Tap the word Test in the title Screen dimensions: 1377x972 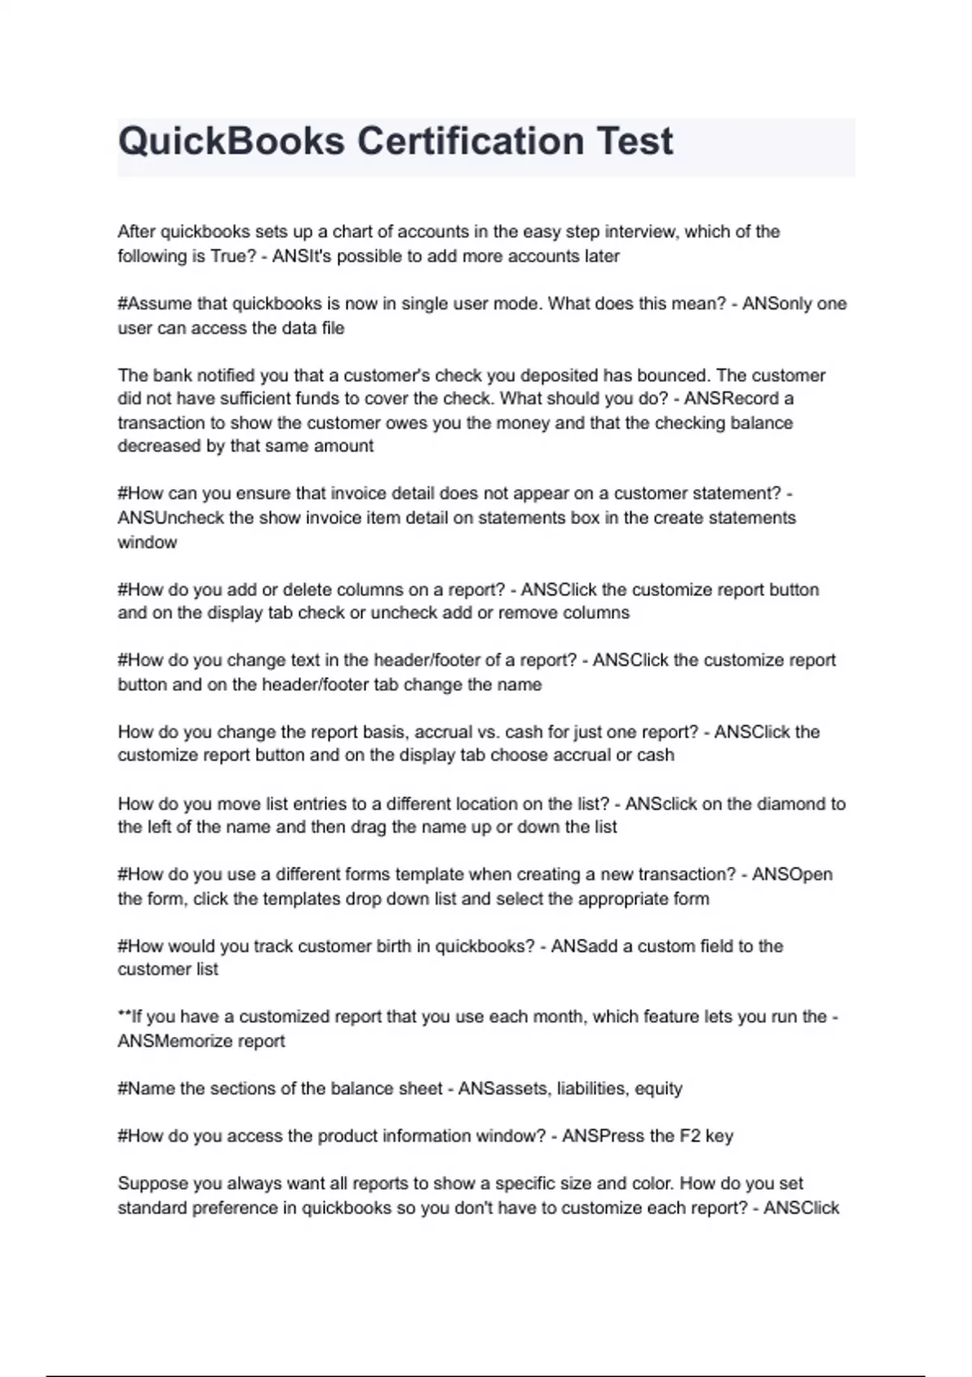coord(635,142)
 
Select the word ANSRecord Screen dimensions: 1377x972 coord(732,399)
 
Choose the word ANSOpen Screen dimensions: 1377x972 coord(791,875)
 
